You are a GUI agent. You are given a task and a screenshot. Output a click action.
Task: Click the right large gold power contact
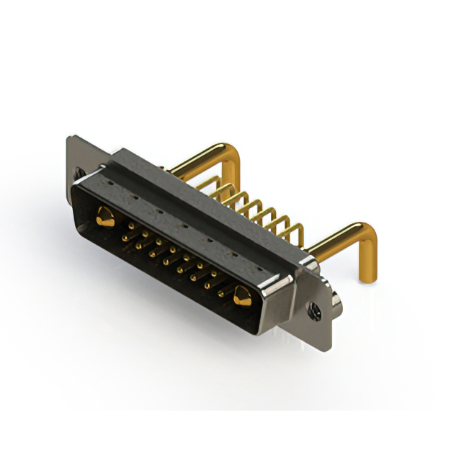[242, 295]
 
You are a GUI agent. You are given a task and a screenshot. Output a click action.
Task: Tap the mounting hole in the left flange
[79, 173]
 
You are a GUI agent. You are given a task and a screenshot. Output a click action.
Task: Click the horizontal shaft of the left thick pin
[194, 160]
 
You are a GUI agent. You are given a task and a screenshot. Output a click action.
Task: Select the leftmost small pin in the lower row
[125, 238]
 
